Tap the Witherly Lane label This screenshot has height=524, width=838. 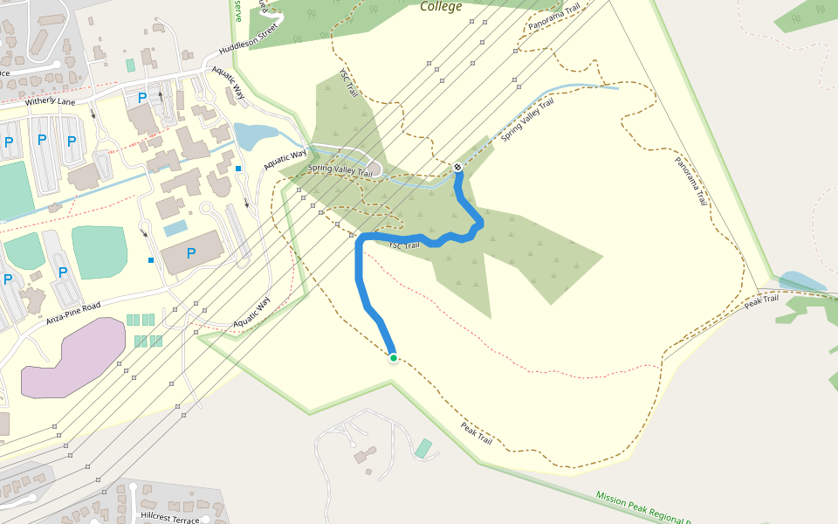click(52, 101)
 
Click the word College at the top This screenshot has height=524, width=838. click(441, 7)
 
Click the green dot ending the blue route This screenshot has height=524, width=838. click(394, 358)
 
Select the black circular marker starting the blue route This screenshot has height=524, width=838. click(457, 167)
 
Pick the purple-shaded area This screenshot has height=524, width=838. click(73, 357)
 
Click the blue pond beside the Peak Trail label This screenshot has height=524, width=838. click(801, 282)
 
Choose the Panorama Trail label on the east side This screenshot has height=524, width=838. click(690, 181)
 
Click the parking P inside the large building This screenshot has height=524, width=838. click(190, 253)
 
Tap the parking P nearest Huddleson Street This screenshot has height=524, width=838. click(141, 97)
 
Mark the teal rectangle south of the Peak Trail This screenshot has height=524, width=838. click(423, 449)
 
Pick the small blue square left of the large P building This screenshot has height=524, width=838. click(151, 260)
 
